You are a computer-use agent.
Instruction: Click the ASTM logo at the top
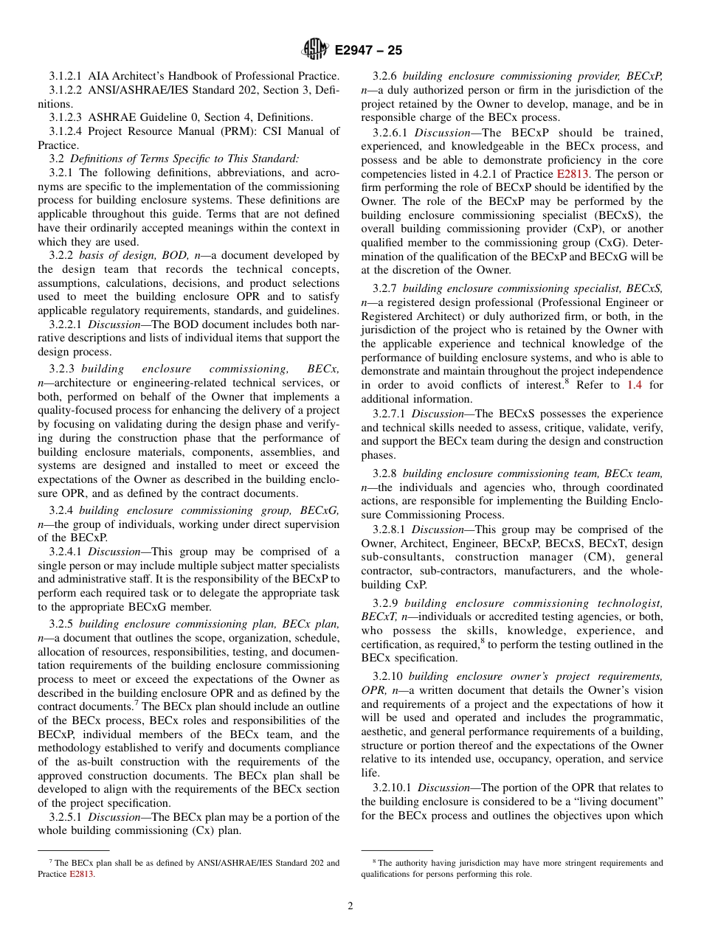315,50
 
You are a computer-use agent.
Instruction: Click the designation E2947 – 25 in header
368,51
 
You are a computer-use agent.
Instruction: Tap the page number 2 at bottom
350,906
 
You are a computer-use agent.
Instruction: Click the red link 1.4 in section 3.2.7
635,385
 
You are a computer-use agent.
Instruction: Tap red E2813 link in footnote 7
82,874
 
